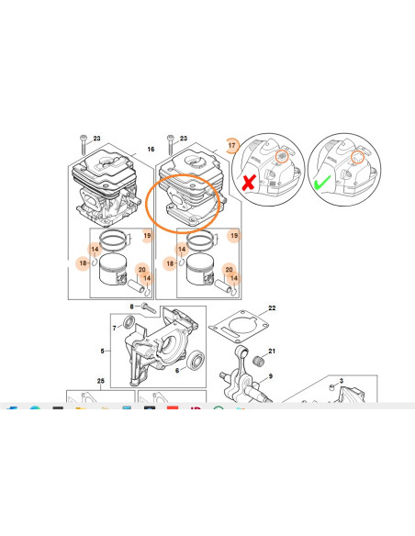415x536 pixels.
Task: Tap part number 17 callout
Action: [x=232, y=146]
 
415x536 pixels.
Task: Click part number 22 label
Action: [x=272, y=308]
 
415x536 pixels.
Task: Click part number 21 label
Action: [x=272, y=352]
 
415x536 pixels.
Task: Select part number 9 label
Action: [x=271, y=375]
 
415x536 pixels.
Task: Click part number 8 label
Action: [x=131, y=306]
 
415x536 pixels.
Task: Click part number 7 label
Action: [x=114, y=327]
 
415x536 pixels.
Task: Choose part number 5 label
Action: [x=103, y=350]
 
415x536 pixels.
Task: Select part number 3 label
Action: [x=341, y=380]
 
